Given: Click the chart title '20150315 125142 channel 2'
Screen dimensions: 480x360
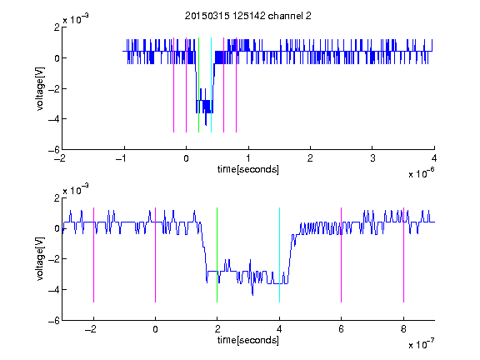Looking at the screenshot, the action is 248,16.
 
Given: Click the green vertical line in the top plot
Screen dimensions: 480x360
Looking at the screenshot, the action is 198,85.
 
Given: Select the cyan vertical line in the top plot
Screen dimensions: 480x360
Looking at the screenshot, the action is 211,85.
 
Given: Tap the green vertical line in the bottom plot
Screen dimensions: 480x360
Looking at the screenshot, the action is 217,255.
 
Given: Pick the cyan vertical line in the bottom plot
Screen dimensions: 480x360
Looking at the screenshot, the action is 279,255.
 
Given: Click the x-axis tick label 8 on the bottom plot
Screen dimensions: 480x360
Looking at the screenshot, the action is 403,329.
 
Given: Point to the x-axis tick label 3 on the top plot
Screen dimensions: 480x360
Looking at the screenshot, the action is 372,158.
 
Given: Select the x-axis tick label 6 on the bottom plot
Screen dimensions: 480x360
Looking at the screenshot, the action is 341,329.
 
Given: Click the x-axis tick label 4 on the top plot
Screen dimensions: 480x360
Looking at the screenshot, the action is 434,158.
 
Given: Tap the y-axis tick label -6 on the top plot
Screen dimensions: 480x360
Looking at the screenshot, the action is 54,150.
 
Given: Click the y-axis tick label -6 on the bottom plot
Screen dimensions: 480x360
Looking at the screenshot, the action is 54,321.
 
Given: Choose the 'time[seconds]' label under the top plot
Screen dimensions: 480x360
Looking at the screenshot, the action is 248,169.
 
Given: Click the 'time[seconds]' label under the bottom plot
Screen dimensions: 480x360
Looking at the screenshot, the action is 248,340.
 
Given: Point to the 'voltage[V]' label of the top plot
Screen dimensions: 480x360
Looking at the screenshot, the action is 40,89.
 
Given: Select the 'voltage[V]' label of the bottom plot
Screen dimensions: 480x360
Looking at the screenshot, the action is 40,258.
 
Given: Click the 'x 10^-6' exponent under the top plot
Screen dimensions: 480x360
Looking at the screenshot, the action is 421,173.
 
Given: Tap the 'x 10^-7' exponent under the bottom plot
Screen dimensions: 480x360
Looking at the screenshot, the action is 421,344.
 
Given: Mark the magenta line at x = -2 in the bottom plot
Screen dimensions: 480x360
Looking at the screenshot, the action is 93,255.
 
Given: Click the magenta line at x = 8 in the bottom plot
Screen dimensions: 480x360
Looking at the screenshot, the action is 403,255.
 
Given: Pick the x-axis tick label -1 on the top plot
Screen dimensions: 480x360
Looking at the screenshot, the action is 122,158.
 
